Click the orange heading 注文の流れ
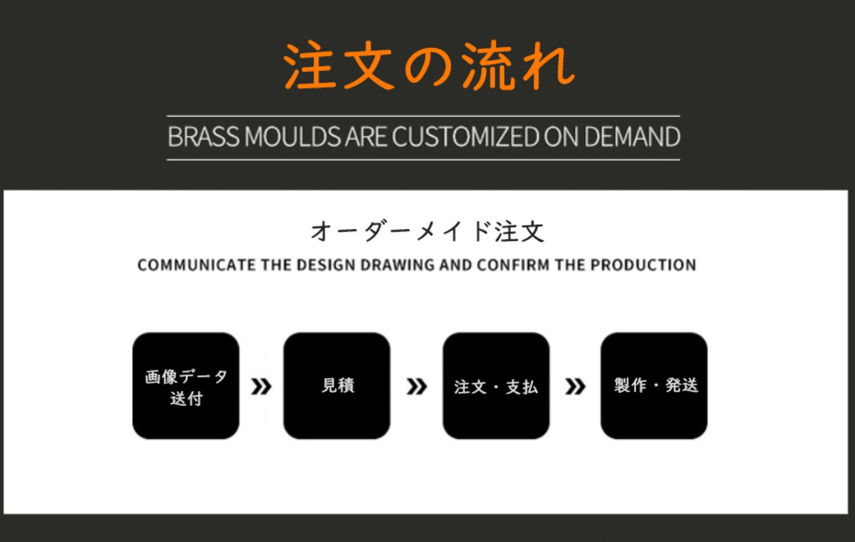429,65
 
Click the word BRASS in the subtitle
204,137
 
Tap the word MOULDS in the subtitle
293,137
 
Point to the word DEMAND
632,137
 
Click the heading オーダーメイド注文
427,231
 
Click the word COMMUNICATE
196,265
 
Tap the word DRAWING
397,265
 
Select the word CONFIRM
513,265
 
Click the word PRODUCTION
643,265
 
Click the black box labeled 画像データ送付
186,386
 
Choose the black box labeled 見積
337,386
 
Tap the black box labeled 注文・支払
496,386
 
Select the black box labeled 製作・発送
654,386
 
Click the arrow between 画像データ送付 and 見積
261,386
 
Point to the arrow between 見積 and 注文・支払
417,386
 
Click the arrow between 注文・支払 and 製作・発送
575,386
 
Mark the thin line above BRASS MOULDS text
423,116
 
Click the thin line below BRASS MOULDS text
423,160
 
